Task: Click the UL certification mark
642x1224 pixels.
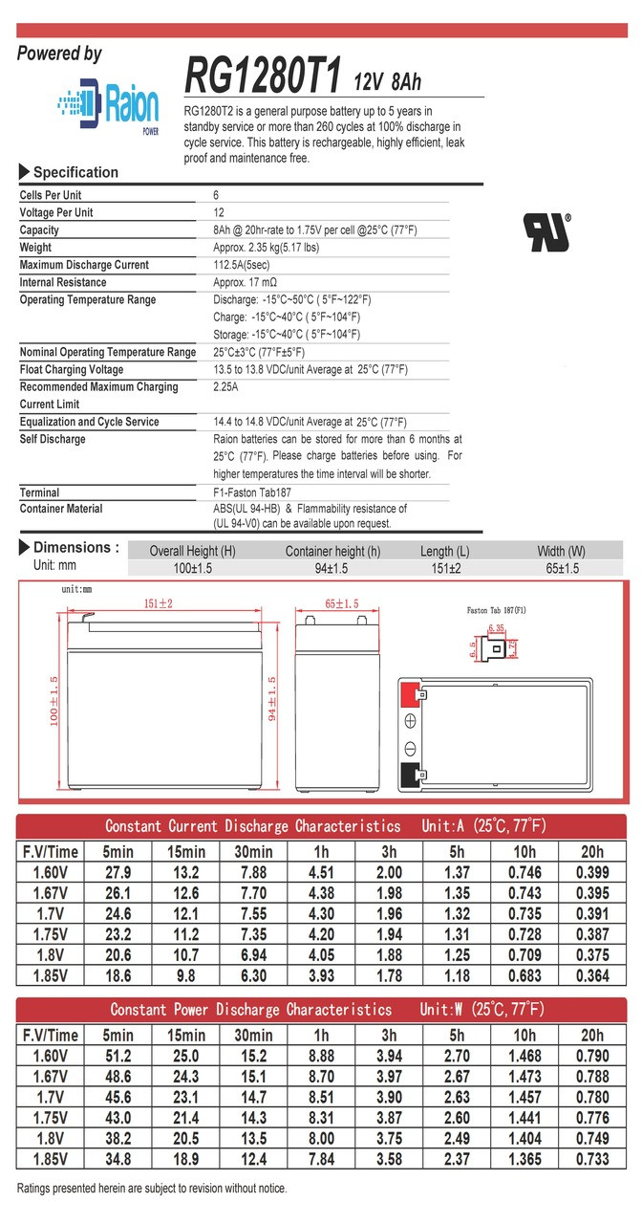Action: click(546, 231)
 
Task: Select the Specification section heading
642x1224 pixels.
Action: click(75, 172)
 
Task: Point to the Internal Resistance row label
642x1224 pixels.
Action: click(63, 282)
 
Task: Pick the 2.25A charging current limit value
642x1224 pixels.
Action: click(226, 387)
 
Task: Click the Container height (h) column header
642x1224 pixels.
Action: click(332, 551)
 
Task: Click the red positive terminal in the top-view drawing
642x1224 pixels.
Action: click(410, 693)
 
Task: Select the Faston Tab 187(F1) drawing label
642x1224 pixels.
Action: click(496, 609)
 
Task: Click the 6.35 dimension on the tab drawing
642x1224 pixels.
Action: click(496, 628)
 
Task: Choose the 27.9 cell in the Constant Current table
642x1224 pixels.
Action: click(118, 871)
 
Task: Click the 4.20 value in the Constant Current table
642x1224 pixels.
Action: click(321, 932)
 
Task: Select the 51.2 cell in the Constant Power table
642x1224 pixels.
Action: click(118, 1056)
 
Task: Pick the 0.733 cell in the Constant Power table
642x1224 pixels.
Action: click(591, 1159)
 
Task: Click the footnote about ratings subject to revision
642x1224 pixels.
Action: click(152, 1189)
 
